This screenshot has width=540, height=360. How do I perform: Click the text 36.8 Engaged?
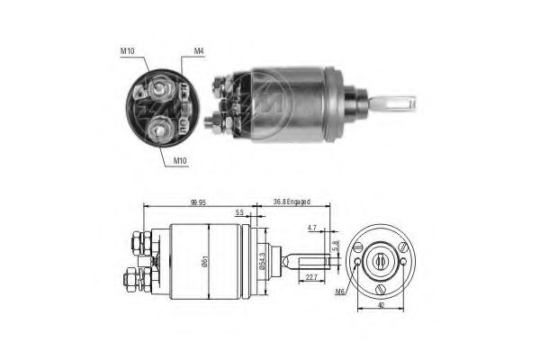290,204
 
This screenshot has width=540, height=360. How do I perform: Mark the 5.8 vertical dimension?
336,244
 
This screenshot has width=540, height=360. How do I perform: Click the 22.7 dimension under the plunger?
310,277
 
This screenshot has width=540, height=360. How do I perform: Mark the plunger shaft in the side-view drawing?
301,260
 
